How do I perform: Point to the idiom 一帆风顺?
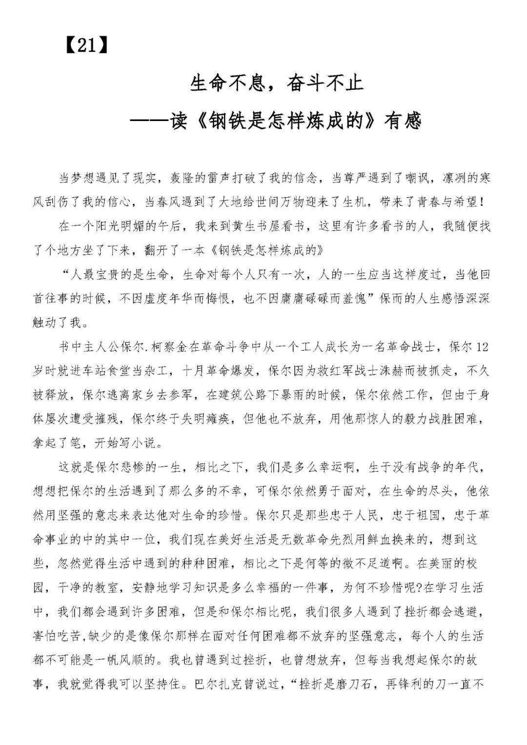coord(131,661)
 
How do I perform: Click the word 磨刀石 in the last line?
coord(347,685)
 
